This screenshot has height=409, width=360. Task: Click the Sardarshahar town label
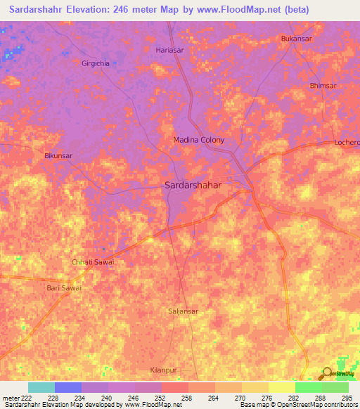click(x=192, y=186)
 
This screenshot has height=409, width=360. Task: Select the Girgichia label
click(x=96, y=63)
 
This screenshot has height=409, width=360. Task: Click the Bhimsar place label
click(x=323, y=86)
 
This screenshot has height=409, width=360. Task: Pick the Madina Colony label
click(x=199, y=140)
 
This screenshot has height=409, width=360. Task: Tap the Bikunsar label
click(x=58, y=155)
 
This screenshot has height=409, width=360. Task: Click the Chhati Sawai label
click(x=93, y=262)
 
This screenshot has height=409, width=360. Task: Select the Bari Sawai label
click(x=64, y=287)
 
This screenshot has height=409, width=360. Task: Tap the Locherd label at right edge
click(x=347, y=143)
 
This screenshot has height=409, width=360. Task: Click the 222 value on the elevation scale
click(x=23, y=397)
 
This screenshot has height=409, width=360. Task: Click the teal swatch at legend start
click(x=41, y=387)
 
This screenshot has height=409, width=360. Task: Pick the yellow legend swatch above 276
click(x=281, y=387)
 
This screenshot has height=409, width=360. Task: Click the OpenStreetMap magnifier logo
click(x=328, y=373)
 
